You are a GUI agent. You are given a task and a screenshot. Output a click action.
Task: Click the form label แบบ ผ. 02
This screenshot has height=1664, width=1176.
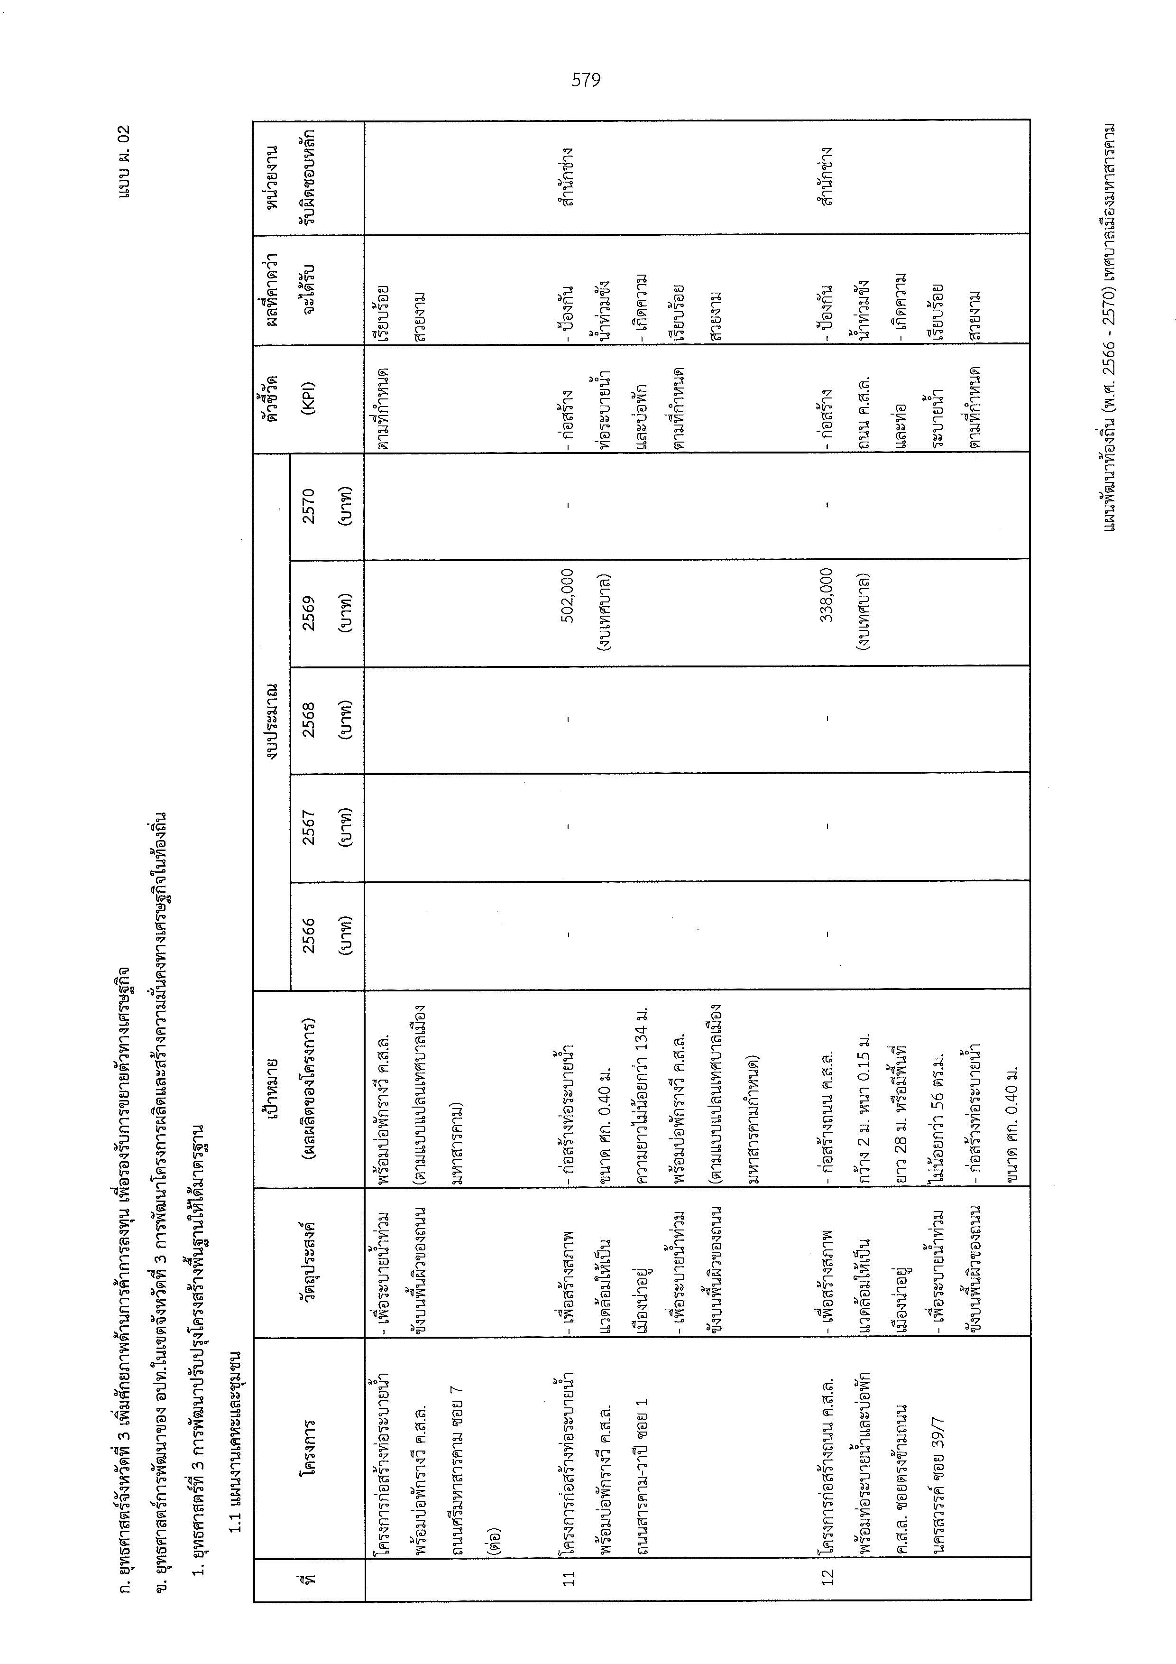tap(124, 162)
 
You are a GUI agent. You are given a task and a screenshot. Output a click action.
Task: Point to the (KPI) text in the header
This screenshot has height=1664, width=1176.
tap(309, 398)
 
